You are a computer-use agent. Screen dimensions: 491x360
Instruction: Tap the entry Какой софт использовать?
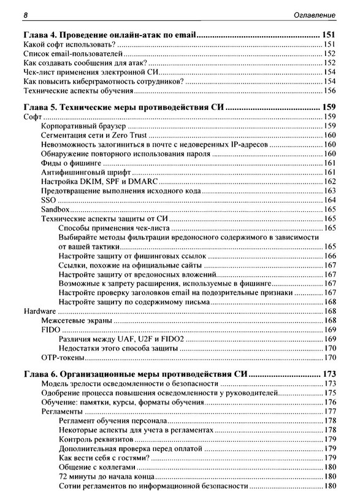click(66, 46)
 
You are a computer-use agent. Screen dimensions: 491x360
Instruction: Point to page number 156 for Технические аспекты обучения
click(329, 91)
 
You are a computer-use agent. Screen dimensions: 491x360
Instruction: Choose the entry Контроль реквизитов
click(95, 439)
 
